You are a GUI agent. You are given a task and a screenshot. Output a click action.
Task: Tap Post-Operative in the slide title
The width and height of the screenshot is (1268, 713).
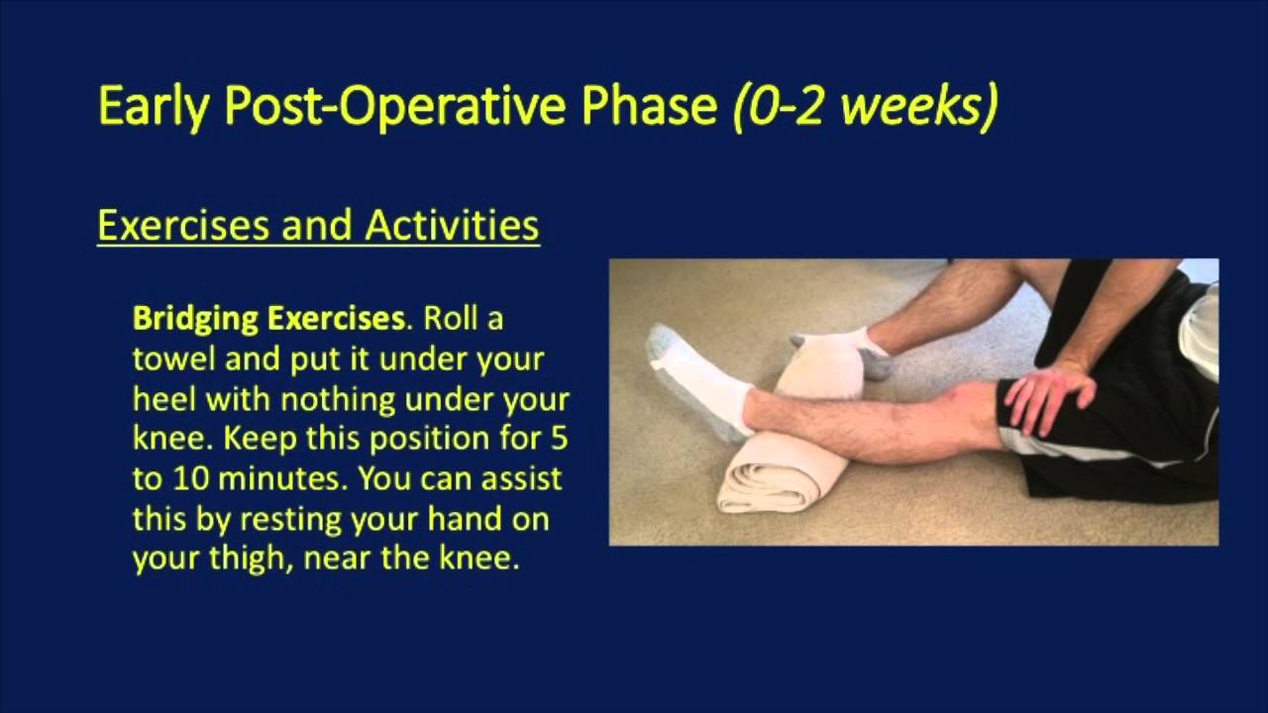pyautogui.click(x=397, y=106)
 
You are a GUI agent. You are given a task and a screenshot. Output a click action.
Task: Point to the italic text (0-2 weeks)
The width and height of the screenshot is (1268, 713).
pyautogui.click(x=865, y=106)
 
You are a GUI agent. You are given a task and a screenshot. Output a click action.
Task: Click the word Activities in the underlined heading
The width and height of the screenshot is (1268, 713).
pyautogui.click(x=452, y=226)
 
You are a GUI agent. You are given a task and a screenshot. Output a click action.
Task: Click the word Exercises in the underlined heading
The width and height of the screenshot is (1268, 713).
pyautogui.click(x=182, y=226)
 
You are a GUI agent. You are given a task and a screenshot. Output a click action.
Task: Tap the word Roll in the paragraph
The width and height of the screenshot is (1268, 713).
pyautogui.click(x=452, y=319)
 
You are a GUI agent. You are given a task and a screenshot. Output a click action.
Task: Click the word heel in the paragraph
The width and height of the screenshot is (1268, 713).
pyautogui.click(x=158, y=399)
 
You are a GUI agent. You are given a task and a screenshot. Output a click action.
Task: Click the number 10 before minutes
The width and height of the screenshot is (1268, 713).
pyautogui.click(x=195, y=479)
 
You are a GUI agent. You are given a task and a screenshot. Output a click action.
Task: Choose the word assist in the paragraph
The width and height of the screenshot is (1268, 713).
pyautogui.click(x=531, y=479)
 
